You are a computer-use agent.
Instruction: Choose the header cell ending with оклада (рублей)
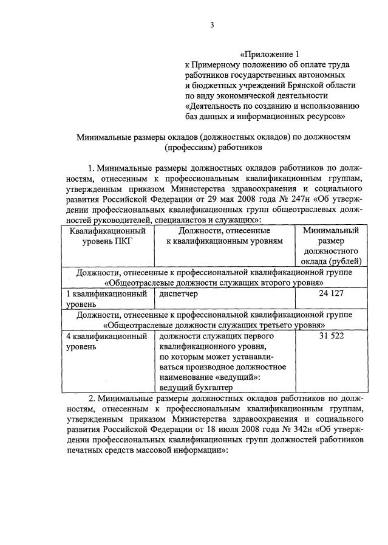[330, 262]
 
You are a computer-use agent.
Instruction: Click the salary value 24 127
[330, 293]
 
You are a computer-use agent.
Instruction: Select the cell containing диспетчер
[179, 293]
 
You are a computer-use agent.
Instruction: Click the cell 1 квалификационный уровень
[107, 298]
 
